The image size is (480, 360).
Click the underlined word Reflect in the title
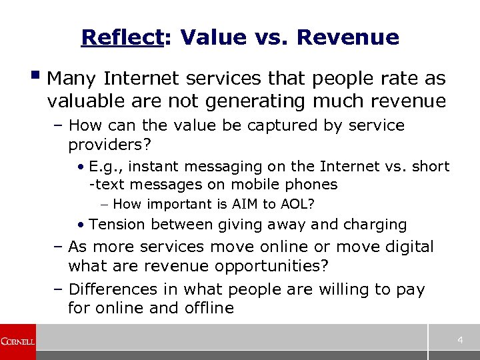[x=122, y=37]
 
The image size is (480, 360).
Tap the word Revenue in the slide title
[x=348, y=37]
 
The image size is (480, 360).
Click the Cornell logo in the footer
[x=17, y=341]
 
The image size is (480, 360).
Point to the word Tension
[x=115, y=225]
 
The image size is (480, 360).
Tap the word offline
[x=206, y=308]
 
